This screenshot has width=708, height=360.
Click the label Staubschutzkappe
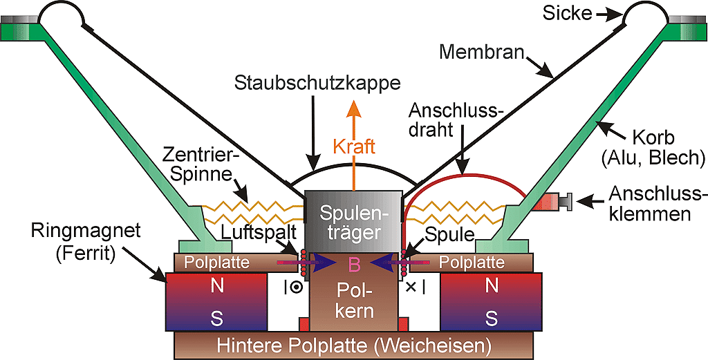click(317, 84)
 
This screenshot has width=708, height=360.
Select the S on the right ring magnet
click(492, 319)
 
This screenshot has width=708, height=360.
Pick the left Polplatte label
click(217, 263)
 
